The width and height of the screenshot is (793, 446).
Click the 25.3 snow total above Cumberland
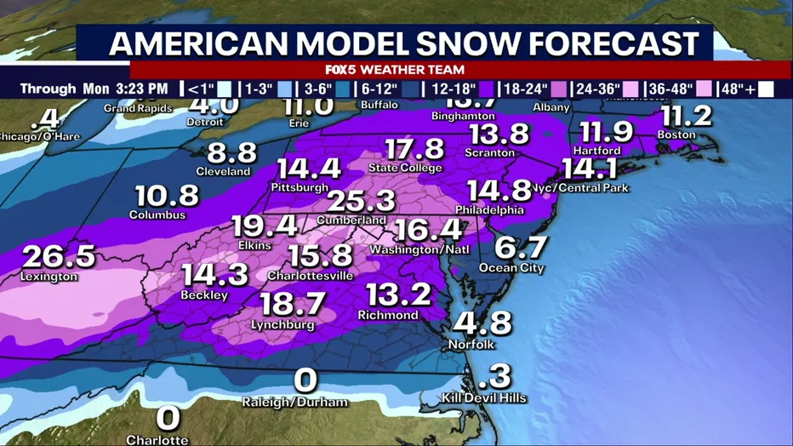[360, 201]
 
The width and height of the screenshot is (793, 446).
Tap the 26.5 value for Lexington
[59, 256]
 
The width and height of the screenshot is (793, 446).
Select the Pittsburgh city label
[300, 186]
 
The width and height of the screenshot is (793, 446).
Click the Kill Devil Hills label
[484, 397]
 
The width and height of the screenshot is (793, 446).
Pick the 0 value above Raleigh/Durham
[305, 380]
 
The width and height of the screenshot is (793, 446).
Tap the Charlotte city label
[157, 439]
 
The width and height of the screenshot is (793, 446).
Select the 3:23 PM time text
[144, 89]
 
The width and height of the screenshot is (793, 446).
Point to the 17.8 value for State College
[414, 148]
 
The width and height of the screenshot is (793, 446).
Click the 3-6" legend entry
[325, 89]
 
